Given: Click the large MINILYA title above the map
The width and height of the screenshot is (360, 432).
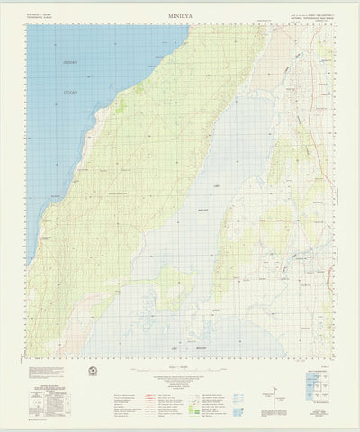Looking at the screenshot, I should click(179, 15).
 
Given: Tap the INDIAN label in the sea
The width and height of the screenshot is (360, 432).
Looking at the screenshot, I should click(70, 61).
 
